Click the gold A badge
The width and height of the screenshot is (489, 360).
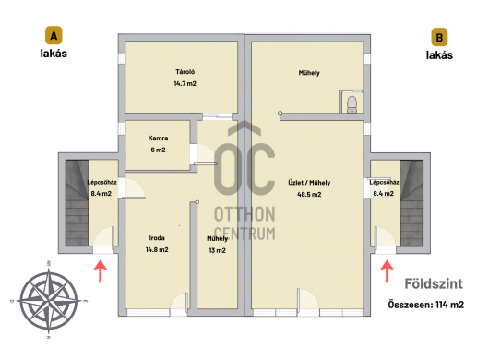pos(54,36)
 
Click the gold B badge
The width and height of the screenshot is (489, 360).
pos(439,37)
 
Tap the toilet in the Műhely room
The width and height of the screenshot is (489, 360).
pos(352,104)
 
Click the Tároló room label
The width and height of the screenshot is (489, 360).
pos(185,72)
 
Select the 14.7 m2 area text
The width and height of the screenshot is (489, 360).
pos(185,83)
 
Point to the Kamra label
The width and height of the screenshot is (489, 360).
pos(158,138)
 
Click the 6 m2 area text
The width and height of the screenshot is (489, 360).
pos(158,150)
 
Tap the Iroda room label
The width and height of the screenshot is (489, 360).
pos(157,238)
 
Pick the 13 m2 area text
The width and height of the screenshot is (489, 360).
pos(218,250)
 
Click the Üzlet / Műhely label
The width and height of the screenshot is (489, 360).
pos(309,183)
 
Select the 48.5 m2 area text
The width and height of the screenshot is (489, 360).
pos(309,194)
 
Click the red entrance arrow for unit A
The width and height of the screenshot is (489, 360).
pos(101,271)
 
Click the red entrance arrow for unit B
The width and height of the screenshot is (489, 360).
pos(387,271)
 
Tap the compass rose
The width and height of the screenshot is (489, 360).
pos(49,300)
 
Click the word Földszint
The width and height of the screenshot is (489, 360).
pos(434,284)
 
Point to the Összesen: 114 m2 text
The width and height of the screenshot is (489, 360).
pos(426,305)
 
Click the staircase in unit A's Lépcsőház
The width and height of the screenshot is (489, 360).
pos(77,203)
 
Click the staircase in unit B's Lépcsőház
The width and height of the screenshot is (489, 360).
pos(411,203)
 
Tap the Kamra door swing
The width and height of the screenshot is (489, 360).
pos(204,154)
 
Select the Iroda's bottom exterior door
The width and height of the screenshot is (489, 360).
pos(180,302)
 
